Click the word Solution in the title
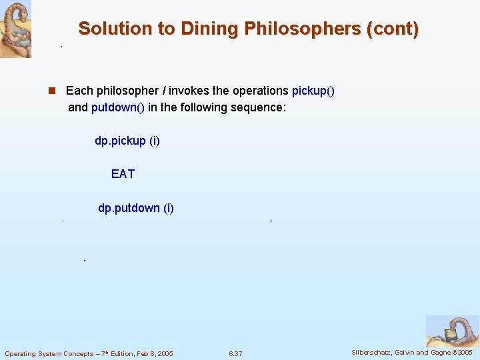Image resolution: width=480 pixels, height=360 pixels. pyautogui.click(x=107, y=29)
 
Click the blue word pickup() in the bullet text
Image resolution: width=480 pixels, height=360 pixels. pyautogui.click(x=313, y=91)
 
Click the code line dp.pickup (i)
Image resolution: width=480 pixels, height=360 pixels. pyautogui.click(x=127, y=141)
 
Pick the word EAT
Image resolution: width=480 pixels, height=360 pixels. pyautogui.click(x=123, y=174)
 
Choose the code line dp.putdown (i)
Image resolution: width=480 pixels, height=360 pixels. pyautogui.click(x=136, y=208)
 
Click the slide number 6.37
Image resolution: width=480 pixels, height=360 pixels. pyautogui.click(x=235, y=353)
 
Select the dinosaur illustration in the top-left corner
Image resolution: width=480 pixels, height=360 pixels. pyautogui.click(x=15, y=29)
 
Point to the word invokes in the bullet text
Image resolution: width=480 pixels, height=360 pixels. pyautogui.click(x=187, y=91)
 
